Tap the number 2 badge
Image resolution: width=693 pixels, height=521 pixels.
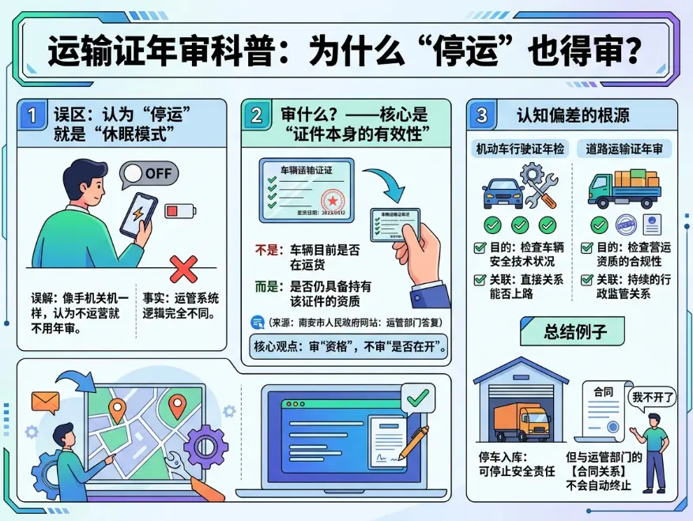257,116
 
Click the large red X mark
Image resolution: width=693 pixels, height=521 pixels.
183,269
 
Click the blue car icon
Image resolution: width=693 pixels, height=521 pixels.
502,192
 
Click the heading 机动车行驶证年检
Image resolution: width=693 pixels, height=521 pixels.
519,148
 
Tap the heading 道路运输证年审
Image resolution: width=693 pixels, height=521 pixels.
623,148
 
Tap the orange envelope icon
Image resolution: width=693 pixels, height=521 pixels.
45,402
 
